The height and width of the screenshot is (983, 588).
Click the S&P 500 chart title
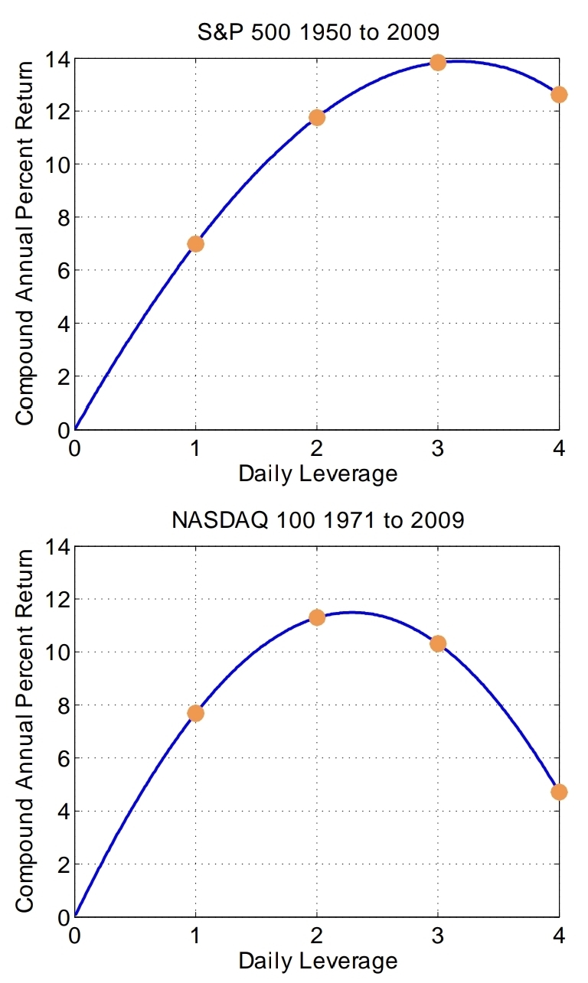[x=318, y=32]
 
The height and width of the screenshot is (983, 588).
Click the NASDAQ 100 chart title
[x=318, y=520]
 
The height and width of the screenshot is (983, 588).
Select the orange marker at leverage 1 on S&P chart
[x=195, y=244]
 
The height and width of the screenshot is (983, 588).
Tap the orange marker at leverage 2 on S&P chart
[x=317, y=118]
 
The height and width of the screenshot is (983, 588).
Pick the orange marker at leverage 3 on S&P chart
[x=438, y=63]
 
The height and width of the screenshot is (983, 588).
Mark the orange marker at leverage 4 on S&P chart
[x=559, y=95]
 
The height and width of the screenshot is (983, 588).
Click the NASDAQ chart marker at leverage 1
[x=195, y=714]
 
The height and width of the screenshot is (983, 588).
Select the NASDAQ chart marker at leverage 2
[x=317, y=618]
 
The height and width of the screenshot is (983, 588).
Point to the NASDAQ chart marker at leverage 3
[x=438, y=644]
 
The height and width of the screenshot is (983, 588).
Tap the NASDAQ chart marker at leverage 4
[x=559, y=792]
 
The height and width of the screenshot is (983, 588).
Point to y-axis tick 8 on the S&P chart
[x=64, y=218]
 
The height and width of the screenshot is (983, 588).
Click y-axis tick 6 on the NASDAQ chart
[x=64, y=759]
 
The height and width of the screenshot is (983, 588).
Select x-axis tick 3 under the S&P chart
[x=438, y=449]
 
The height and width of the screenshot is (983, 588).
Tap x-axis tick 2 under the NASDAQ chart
[x=317, y=937]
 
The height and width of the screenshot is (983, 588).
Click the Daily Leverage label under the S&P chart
[x=318, y=474]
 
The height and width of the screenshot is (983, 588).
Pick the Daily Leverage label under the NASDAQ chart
[x=318, y=962]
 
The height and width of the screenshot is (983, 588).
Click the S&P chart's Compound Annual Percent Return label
[x=24, y=243]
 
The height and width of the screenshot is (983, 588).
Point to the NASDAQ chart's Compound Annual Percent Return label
[x=24, y=731]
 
